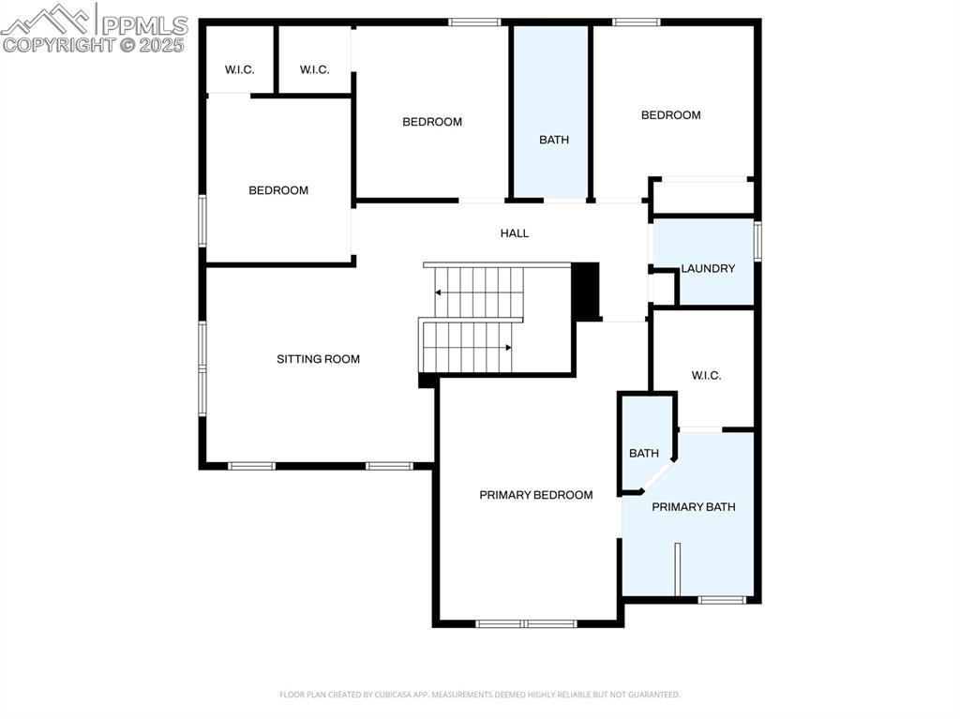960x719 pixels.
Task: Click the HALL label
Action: (x=514, y=233)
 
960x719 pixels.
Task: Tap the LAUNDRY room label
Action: (x=708, y=268)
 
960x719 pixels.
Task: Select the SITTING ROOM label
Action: (x=318, y=359)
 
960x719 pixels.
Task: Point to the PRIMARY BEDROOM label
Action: (x=535, y=495)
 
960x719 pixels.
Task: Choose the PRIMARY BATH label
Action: (x=693, y=507)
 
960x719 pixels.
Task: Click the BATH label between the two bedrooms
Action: (x=553, y=140)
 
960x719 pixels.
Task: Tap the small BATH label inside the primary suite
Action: (x=643, y=454)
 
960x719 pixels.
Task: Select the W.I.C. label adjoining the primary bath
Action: (x=706, y=376)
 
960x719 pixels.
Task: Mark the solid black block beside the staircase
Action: (x=585, y=292)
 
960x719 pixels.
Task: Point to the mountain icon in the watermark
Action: (x=47, y=19)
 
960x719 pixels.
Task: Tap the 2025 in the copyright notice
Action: (x=162, y=45)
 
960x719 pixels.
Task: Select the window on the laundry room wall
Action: (x=757, y=239)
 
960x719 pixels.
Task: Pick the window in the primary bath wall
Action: (x=722, y=599)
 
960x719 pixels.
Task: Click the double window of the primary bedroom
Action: (x=525, y=622)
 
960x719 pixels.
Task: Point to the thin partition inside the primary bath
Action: (x=677, y=568)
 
